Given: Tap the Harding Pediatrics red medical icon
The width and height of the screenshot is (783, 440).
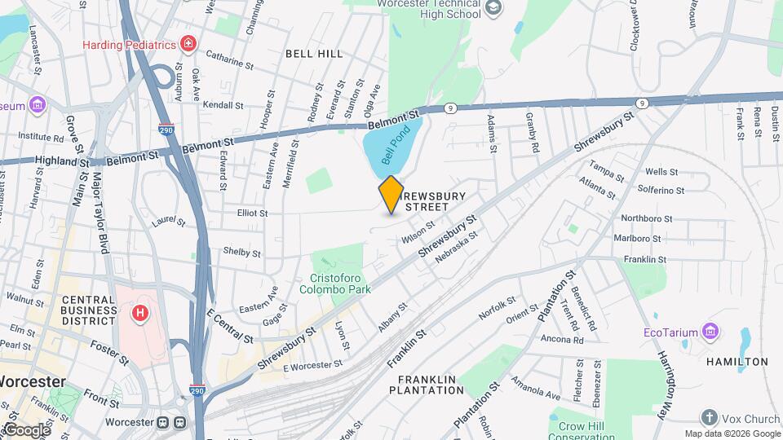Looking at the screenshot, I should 189,43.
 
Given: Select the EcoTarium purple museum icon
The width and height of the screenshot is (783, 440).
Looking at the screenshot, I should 710,332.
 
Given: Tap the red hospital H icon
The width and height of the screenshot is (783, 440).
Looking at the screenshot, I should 141,312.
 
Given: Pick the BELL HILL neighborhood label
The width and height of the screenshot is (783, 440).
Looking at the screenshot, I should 314,53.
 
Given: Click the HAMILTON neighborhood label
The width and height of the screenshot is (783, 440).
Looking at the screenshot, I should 737,361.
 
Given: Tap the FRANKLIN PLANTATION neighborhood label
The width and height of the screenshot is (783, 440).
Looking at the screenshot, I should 431,385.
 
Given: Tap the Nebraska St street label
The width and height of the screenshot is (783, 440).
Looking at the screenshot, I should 455,245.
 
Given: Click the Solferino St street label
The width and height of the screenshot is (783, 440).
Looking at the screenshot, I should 661,190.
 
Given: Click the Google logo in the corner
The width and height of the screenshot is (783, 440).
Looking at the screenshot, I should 26,429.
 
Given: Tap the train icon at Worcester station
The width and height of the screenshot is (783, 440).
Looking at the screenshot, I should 163,423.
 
